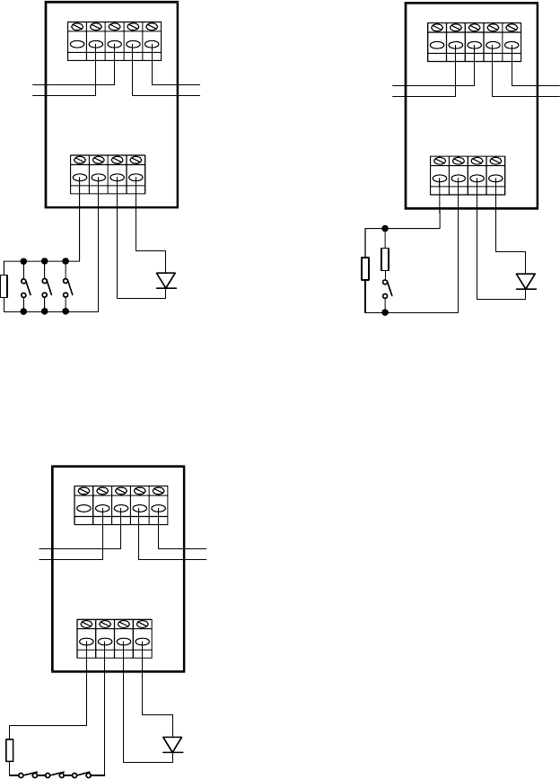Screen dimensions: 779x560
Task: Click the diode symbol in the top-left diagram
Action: coord(165,280)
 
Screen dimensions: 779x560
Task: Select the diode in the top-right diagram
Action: coord(526,281)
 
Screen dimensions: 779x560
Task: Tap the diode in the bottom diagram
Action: coord(171,744)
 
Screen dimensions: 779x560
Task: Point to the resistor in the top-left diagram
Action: coord(5,286)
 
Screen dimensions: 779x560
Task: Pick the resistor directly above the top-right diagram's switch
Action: coord(386,259)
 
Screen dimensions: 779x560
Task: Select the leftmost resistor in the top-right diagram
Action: coord(365,269)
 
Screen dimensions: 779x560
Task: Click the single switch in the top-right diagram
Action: coord(386,289)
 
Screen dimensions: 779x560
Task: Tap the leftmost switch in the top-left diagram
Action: coord(24,287)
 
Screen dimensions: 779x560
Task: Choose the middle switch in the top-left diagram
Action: coord(45,287)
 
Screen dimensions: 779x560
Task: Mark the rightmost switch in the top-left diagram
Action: coord(66,287)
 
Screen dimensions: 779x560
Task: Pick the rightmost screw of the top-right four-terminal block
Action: coord(494,162)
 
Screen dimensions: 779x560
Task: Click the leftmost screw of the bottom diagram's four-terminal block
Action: coord(86,624)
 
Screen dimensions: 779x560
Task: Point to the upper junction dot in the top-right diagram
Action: coord(386,228)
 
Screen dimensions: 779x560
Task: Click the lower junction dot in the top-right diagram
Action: coord(386,313)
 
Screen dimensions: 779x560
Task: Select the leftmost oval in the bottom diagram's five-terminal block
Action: coord(84,509)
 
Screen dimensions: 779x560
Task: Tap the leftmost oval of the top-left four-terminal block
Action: coord(80,179)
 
